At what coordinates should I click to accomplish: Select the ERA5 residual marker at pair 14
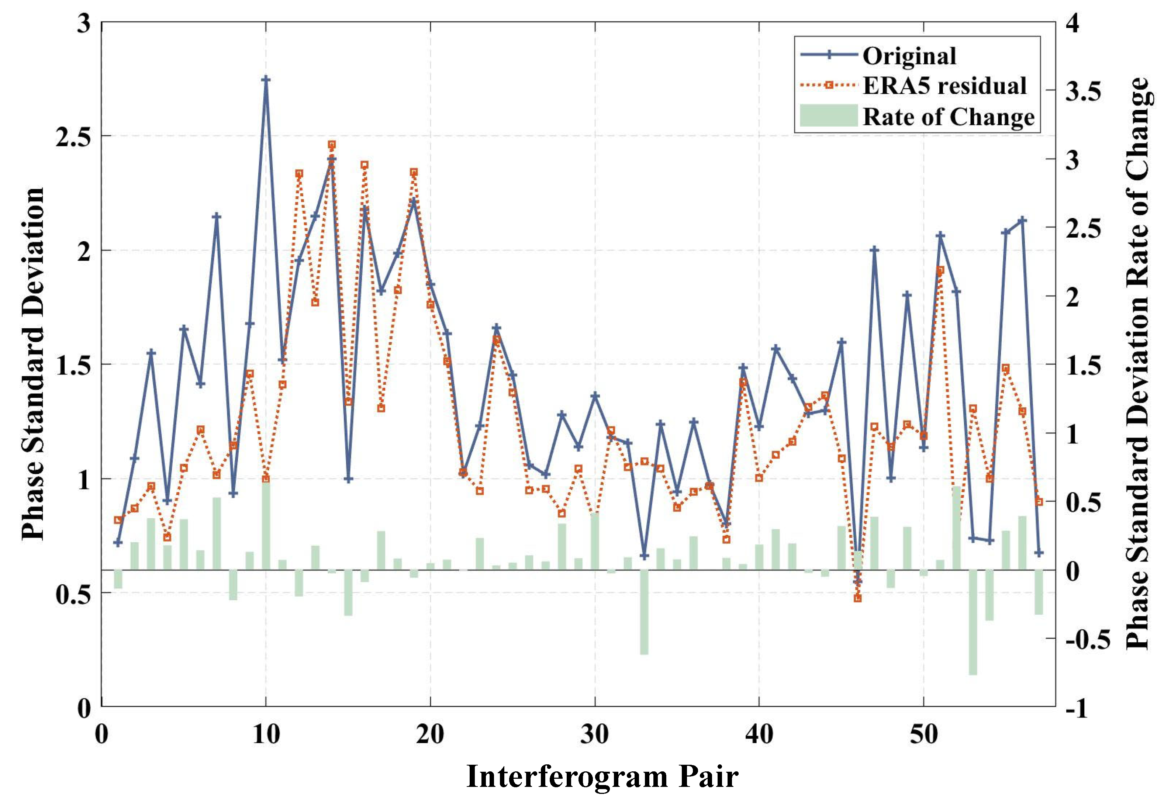tap(332, 145)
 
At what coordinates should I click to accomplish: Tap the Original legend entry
tap(909, 56)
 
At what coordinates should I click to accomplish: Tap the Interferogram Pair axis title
tap(602, 777)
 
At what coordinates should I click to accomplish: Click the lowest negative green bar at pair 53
tap(973, 622)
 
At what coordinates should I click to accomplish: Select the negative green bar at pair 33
tap(644, 612)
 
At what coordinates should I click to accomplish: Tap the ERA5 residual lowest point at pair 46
tap(857, 598)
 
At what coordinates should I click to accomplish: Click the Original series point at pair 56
tap(1022, 220)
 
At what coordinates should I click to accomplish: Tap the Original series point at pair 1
tap(118, 543)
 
